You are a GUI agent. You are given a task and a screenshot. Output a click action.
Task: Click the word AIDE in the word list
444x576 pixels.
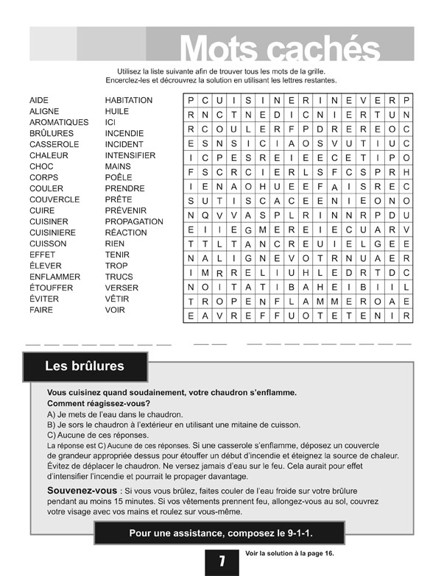coord(39,100)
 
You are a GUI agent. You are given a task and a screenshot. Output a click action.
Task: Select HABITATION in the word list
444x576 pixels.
coord(129,100)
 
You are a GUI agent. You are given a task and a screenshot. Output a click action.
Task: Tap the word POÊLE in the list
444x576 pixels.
coord(119,177)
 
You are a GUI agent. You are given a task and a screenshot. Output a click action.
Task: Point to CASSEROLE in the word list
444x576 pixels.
coord(54,144)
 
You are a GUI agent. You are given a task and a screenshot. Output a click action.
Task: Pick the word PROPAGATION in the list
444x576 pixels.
coord(134,221)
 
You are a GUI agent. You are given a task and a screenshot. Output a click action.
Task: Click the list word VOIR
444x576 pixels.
coord(115,310)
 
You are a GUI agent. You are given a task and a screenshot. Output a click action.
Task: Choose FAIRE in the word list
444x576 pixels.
coord(41,310)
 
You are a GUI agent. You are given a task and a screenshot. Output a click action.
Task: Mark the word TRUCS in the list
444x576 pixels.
coord(119,277)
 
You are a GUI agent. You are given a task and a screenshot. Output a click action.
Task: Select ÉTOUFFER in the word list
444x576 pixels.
coord(51,288)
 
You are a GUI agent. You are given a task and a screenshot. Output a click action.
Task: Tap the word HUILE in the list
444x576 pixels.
coord(117,111)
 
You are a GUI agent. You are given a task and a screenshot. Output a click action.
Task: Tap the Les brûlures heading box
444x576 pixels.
coord(85,366)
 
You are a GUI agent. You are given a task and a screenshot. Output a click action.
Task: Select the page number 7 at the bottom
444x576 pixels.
coord(222,561)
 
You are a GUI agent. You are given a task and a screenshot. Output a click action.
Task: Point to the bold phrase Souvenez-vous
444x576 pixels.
coord(82,490)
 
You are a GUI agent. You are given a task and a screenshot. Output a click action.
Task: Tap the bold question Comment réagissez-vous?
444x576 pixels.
coord(99,403)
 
